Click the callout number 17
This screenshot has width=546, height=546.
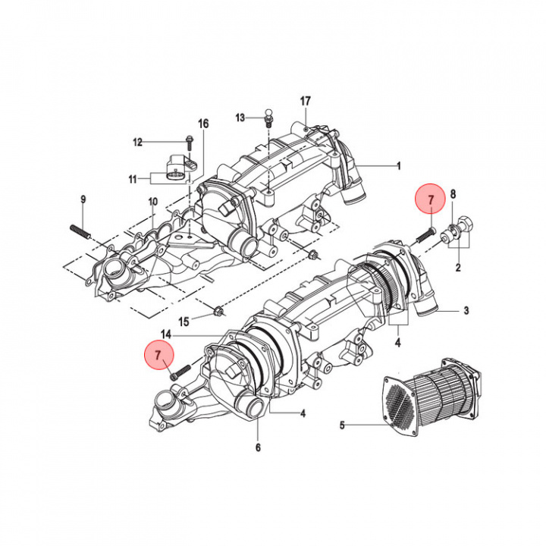[x=305, y=102]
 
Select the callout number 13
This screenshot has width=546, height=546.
[x=240, y=118]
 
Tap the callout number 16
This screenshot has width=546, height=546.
[x=203, y=124]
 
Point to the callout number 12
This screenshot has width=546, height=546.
[x=138, y=142]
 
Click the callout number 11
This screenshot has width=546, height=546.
[x=132, y=179]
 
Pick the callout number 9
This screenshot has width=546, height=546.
[x=83, y=199]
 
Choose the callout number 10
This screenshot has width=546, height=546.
[x=153, y=202]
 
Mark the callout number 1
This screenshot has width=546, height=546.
[x=399, y=166]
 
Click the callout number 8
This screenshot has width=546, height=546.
[x=453, y=194]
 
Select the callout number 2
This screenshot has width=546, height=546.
[x=458, y=268]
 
